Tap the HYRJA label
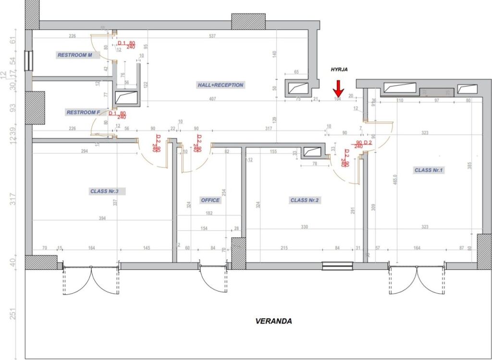(339, 70)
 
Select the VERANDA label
(273, 321)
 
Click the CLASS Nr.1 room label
(429, 170)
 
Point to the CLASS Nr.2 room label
(305, 200)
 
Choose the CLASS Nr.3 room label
(108, 191)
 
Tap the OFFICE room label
(210, 200)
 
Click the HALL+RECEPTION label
(221, 85)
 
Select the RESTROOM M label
(75, 55)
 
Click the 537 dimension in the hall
(212, 36)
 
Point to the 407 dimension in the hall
(212, 99)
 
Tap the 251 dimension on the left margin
(13, 314)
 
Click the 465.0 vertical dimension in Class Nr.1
(395, 182)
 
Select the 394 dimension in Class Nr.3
(102, 218)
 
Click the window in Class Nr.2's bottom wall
(337, 265)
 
